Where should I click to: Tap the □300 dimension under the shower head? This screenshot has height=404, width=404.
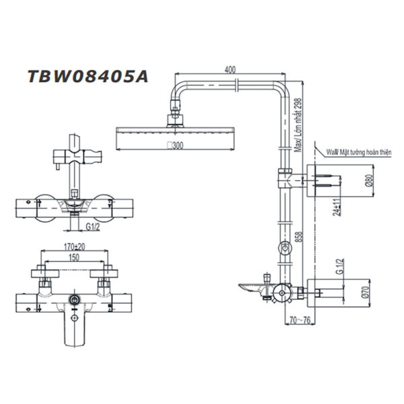[176, 145]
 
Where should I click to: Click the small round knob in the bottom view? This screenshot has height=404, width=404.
[74, 297]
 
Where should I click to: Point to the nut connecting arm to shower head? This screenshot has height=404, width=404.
[176, 107]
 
